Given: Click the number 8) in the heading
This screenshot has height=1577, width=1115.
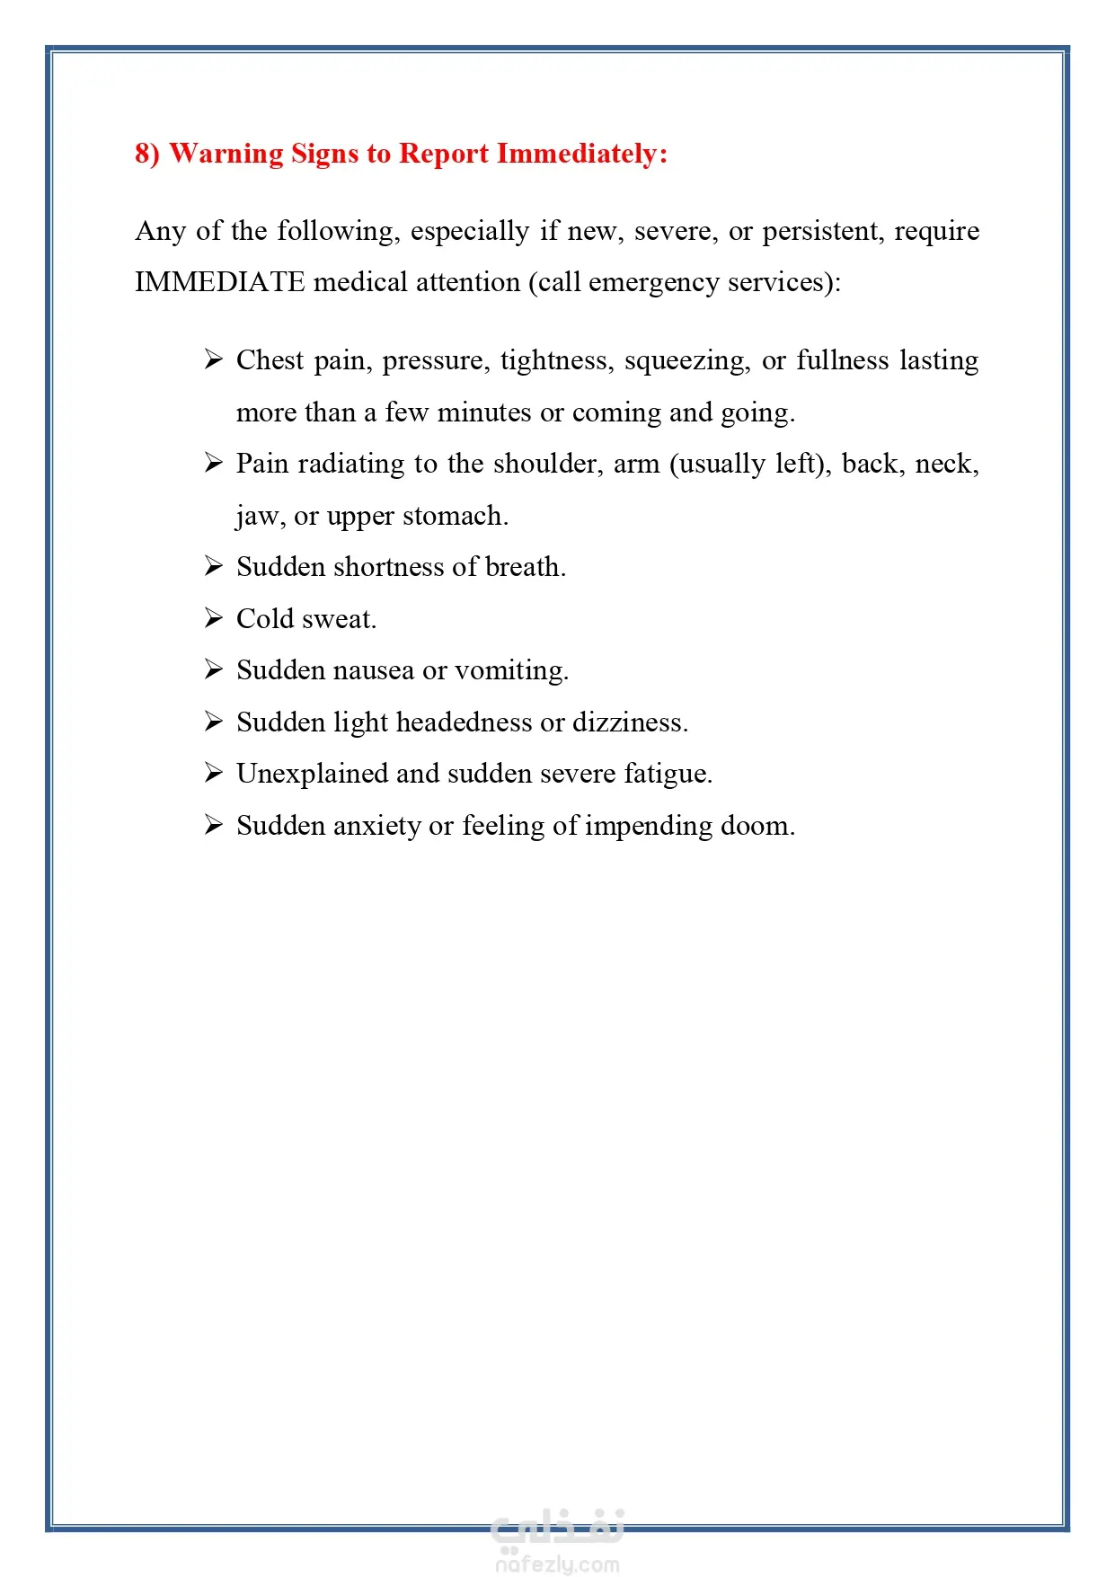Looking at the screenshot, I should pos(147,154).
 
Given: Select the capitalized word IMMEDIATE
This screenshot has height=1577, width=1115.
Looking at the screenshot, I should pos(220,282).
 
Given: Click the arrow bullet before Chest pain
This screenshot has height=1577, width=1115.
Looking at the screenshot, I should pos(213,360).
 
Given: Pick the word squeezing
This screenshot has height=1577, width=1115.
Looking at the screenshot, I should pos(687,361).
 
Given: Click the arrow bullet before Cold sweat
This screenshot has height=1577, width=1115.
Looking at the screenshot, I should pos(213,618).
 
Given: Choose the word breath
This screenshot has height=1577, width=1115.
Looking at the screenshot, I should pos(525,567).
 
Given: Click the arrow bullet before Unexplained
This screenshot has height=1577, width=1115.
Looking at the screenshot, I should pos(213,773).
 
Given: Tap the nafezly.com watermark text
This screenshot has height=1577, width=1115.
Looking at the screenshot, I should pos(557,1564).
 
